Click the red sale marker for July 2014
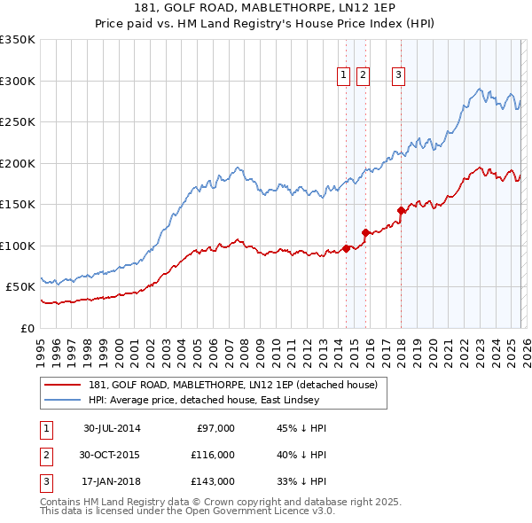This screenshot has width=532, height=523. point(346,248)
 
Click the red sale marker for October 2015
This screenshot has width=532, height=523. point(365,232)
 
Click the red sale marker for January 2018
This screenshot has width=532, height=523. point(401,210)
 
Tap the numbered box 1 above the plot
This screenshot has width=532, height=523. point(343,76)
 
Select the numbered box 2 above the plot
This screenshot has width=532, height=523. point(364,76)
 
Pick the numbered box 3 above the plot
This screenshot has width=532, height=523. point(399,76)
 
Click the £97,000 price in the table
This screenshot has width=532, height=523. point(215,428)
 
